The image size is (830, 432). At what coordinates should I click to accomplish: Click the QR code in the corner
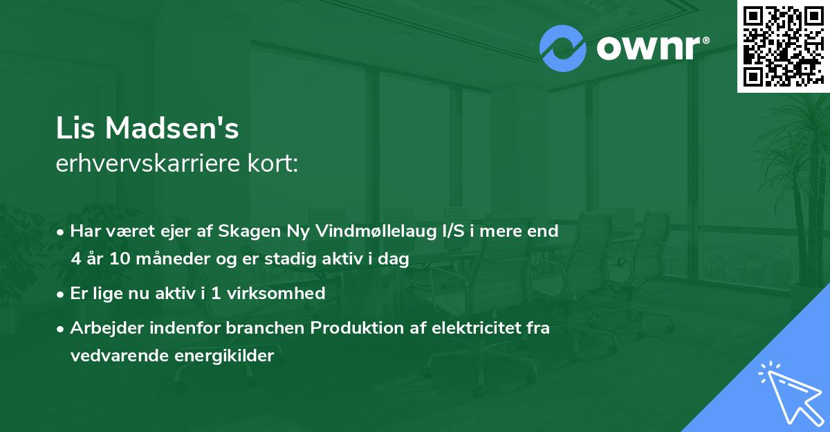pyautogui.click(x=783, y=46)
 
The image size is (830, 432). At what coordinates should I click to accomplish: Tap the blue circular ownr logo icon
pyautogui.click(x=563, y=48)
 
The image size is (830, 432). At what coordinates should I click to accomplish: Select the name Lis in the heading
pyautogui.click(x=76, y=129)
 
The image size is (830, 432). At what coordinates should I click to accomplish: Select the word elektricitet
pyautogui.click(x=470, y=328)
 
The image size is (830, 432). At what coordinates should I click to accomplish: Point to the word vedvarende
pyautogui.click(x=116, y=356)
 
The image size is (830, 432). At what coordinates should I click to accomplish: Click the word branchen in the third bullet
pyautogui.click(x=273, y=328)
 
